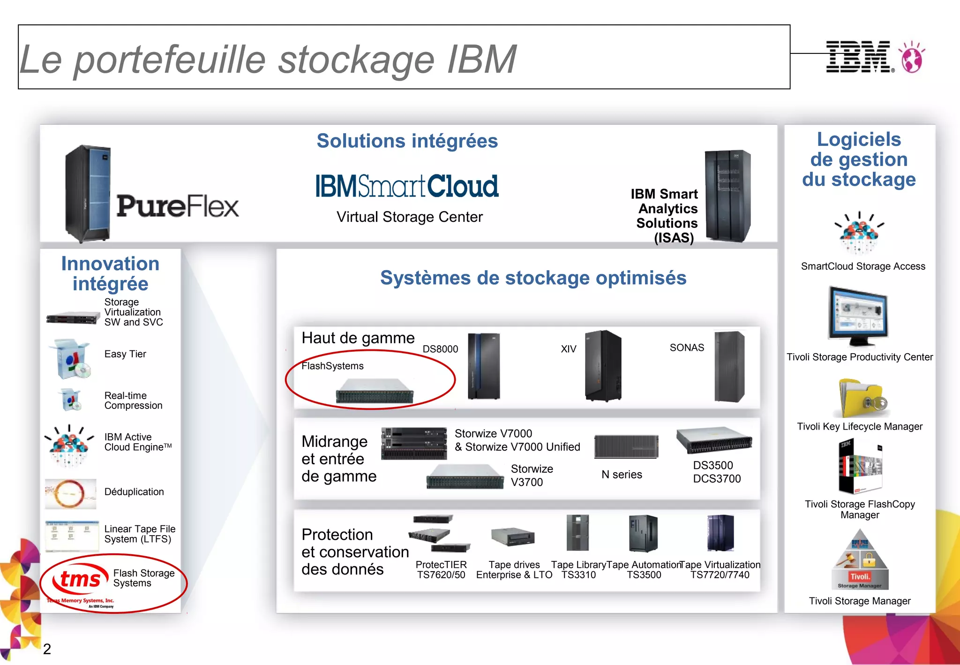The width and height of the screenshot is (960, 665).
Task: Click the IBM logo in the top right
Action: click(859, 57)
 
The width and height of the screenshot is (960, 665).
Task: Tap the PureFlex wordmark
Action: click(178, 206)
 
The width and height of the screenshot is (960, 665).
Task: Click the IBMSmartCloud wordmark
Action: click(407, 186)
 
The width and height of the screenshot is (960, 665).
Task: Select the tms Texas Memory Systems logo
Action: click(80, 582)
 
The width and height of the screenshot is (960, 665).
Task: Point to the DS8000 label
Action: click(440, 349)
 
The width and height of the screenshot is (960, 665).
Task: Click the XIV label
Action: click(568, 349)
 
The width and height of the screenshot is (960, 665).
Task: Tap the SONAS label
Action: click(687, 348)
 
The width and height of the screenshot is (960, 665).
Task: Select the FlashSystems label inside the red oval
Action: click(332, 366)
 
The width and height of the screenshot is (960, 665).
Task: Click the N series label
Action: click(622, 475)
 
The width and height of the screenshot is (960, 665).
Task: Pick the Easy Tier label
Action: click(125, 354)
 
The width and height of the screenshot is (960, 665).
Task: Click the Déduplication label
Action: click(134, 492)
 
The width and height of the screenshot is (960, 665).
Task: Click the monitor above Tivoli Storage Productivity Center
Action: click(859, 315)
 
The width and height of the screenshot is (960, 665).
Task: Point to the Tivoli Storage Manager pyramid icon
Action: click(860, 560)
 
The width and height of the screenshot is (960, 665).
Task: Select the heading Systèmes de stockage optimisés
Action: click(533, 278)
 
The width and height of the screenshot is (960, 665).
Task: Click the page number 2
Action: click(47, 649)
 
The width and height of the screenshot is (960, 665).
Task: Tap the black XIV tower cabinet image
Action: click(603, 366)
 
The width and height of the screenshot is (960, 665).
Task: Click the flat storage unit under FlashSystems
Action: click(375, 391)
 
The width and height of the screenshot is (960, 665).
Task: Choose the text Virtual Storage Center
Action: click(409, 217)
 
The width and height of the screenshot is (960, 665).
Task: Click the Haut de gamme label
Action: click(358, 338)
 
